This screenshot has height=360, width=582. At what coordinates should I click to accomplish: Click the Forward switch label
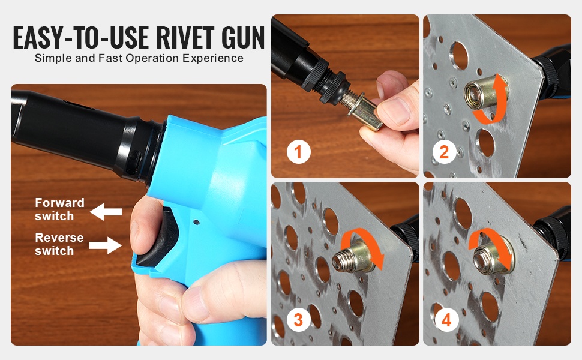[x=59, y=209]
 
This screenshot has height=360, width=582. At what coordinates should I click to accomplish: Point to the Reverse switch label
[x=59, y=244]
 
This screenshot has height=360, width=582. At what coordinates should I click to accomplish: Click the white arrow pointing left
[x=106, y=212]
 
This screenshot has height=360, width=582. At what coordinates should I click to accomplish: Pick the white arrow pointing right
[x=106, y=245]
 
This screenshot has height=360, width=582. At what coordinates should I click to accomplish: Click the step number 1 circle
[x=299, y=152]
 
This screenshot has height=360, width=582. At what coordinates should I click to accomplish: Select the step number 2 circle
[x=444, y=152]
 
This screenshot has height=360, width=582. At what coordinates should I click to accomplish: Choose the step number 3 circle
[x=299, y=320]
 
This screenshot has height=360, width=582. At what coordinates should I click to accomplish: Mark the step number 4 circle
[x=446, y=320]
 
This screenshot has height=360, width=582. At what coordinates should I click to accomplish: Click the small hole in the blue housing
[x=196, y=223]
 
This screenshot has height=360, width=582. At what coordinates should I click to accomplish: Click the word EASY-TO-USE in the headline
[x=81, y=37]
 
